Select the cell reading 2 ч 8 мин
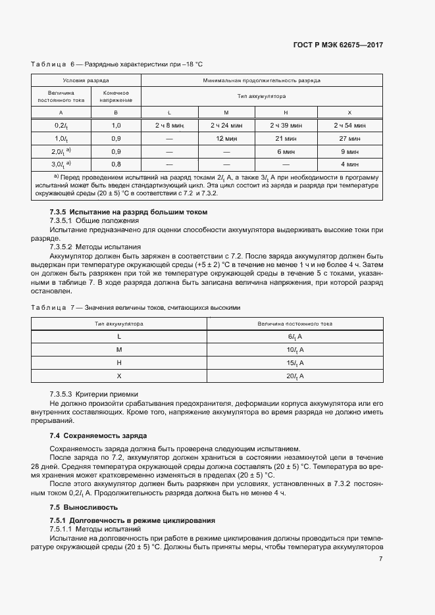click(x=169, y=125)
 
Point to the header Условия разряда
click(x=86, y=80)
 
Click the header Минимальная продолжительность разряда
click(x=261, y=80)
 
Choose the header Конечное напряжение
click(x=116, y=97)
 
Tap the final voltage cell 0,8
click(x=116, y=164)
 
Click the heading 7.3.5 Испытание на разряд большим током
click(x=128, y=212)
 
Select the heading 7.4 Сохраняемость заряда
click(x=98, y=435)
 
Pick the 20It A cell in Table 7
click(x=294, y=376)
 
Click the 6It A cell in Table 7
click(x=294, y=337)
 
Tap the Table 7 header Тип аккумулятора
click(x=119, y=324)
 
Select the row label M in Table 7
click(x=119, y=350)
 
